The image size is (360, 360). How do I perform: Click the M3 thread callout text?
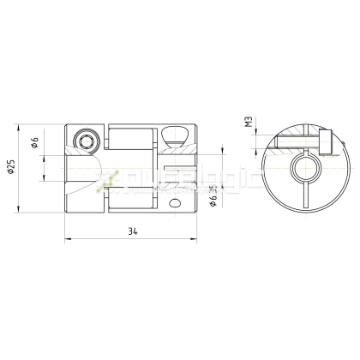247,122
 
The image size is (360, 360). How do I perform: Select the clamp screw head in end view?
326,140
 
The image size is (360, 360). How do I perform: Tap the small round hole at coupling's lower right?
176,203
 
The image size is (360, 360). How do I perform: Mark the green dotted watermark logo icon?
109,179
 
